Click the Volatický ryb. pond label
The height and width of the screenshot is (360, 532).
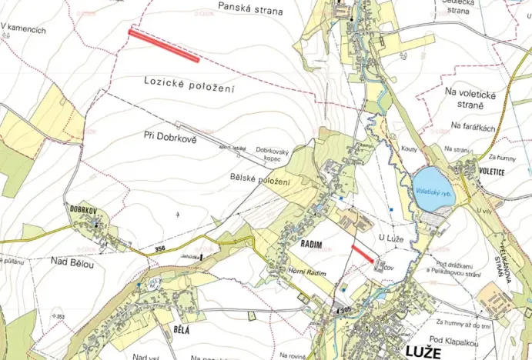[433, 195]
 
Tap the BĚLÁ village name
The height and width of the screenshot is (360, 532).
[177, 329]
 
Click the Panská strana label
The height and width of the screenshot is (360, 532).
[250, 11]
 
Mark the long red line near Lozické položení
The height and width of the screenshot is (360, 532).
[164, 45]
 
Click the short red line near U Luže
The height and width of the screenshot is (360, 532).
[361, 255]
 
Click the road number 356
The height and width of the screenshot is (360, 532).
[159, 248]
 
